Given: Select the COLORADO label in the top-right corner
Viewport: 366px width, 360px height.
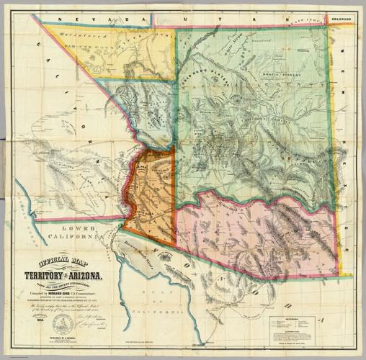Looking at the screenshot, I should pos(341,20).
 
